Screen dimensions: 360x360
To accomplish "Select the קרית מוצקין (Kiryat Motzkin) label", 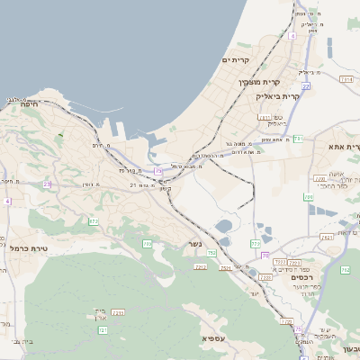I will point(254,82).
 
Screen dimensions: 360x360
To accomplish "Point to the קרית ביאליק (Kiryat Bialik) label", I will point(276,95).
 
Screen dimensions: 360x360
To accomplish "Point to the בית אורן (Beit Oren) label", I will point(99,316).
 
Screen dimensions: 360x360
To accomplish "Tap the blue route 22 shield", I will point(306,86).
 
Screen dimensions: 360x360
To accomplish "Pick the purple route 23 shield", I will point(47,184).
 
